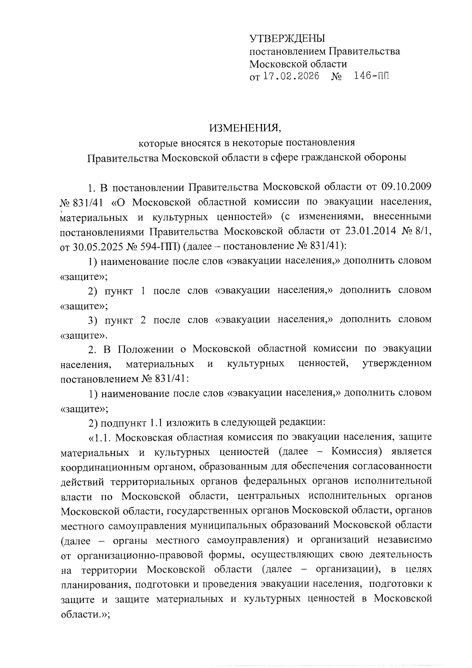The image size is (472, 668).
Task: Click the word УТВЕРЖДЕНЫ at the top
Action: (x=288, y=39)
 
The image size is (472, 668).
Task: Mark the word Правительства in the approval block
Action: (x=364, y=51)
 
